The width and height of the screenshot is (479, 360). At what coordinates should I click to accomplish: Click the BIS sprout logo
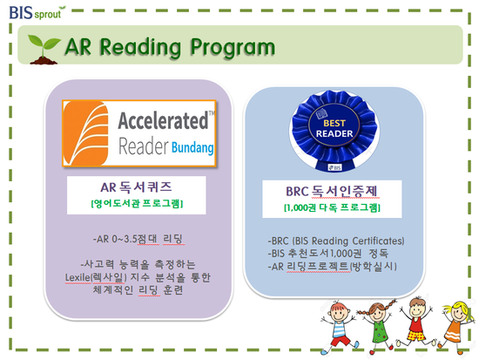point(37,12)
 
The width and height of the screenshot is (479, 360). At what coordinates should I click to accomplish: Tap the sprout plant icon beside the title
point(44,49)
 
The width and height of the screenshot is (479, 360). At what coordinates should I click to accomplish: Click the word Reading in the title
point(140,48)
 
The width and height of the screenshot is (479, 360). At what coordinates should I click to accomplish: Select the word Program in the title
point(233,48)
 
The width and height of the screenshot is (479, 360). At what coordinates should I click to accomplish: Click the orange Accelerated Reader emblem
point(85,133)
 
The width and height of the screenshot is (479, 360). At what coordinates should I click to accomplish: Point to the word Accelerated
point(163,120)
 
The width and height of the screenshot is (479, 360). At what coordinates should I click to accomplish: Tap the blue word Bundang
point(192,147)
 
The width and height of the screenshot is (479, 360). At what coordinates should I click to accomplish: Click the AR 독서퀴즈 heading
point(136,187)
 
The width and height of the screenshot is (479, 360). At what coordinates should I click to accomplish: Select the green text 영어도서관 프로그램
point(137,203)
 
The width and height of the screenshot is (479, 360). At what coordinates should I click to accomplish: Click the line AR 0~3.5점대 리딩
point(138,239)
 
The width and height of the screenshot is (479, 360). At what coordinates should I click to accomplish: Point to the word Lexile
point(78,277)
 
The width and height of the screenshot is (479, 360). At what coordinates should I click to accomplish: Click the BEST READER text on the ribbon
point(334,128)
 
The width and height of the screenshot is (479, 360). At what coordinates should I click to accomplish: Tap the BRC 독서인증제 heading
point(332,192)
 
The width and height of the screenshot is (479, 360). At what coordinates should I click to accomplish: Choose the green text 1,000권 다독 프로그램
point(332,208)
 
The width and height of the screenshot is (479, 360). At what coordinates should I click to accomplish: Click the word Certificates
point(378,241)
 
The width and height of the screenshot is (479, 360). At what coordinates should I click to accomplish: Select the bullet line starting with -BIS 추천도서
point(327,254)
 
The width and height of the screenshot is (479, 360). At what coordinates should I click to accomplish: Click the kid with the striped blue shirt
point(339,327)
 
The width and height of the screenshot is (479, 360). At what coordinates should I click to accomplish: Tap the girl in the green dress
point(378,326)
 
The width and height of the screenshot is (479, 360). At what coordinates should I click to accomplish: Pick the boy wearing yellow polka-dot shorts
point(416,322)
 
